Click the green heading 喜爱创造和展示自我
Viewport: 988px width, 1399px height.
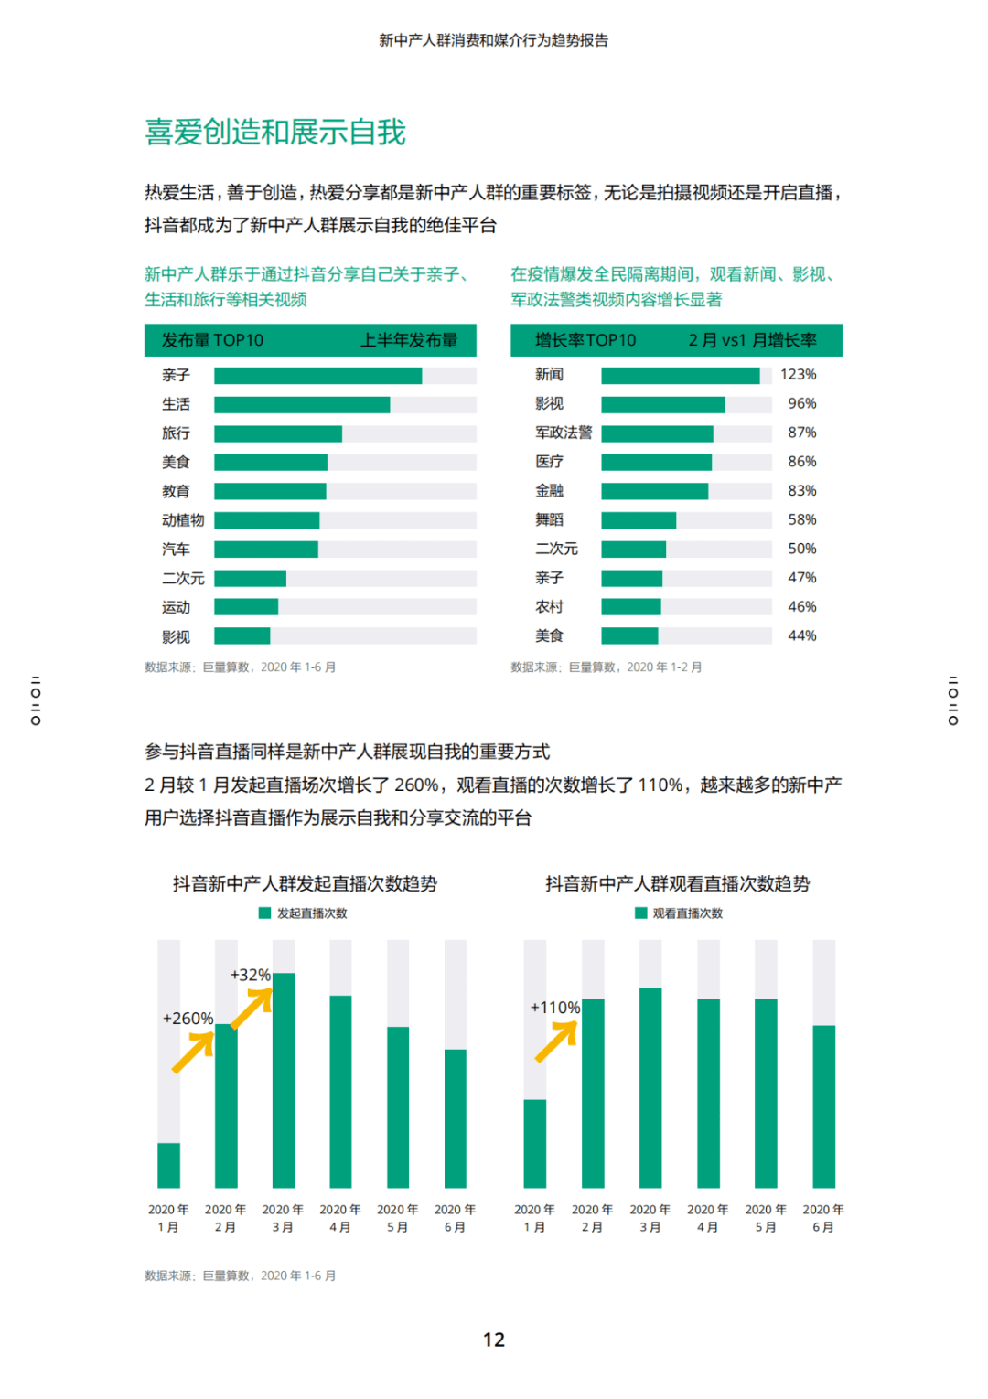(274, 133)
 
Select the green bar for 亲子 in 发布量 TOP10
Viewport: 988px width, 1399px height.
(317, 376)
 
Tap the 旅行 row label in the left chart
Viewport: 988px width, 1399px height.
(177, 433)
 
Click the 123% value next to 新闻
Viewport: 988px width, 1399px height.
(798, 375)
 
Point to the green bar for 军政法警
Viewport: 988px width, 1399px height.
(657, 433)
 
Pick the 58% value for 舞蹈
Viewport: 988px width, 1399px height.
(801, 520)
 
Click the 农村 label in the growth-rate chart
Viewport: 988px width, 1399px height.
(549, 607)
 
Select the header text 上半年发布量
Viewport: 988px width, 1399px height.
(409, 341)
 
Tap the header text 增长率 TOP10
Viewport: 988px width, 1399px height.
(585, 341)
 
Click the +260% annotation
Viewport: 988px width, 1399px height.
(188, 1019)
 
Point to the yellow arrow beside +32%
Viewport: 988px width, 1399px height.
(252, 1008)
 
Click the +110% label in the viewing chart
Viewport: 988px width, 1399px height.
(555, 1008)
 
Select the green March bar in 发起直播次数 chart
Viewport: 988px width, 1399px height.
(284, 1080)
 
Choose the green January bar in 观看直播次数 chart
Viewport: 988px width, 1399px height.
(535, 1143)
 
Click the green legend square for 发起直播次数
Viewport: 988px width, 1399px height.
(264, 913)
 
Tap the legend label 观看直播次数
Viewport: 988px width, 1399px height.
(687, 913)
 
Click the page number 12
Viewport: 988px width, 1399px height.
(494, 1340)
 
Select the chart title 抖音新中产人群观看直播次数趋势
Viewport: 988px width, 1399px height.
(677, 884)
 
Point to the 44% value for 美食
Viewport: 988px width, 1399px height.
(801, 636)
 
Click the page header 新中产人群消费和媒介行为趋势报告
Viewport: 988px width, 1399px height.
(494, 40)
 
